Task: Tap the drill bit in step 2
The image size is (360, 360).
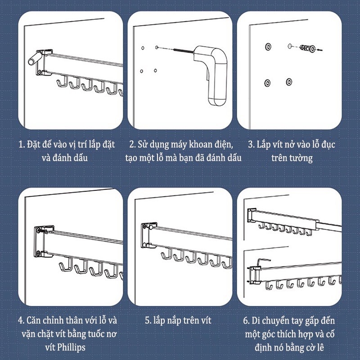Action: pyautogui.click(x=184, y=51)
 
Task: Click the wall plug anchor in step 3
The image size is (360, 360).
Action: pyautogui.click(x=307, y=48)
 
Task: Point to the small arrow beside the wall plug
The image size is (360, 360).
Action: pyautogui.click(x=319, y=49)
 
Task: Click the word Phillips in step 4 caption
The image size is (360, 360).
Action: pyautogui.click(x=71, y=347)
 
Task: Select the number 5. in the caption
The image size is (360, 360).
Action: pyautogui.click(x=148, y=320)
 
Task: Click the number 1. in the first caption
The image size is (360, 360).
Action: pyautogui.click(x=22, y=144)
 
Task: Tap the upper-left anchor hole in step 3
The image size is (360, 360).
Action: pyautogui.click(x=268, y=46)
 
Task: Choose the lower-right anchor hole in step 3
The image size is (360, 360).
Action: pyautogui.click(x=289, y=82)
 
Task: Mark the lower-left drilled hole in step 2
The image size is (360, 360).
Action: pyautogui.click(x=142, y=71)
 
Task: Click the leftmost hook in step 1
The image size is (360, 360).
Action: pyautogui.click(x=62, y=83)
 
